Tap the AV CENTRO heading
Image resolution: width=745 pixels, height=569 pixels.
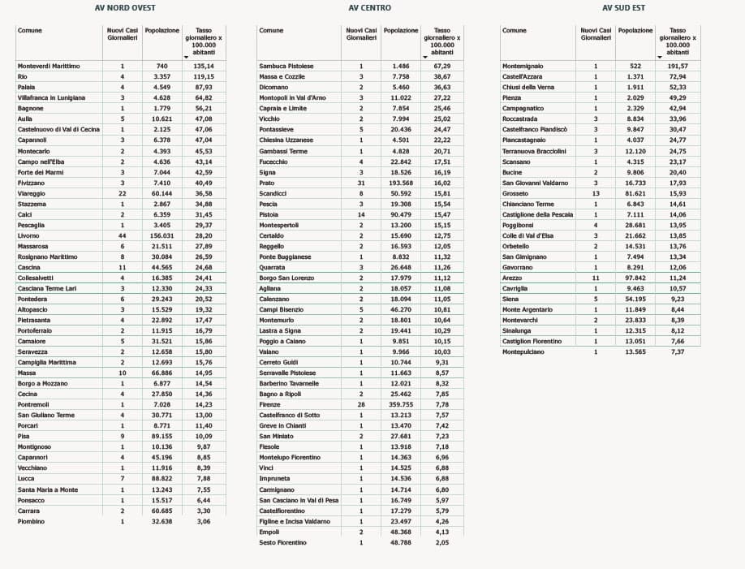[x=369, y=8]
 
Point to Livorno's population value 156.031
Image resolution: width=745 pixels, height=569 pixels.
[x=162, y=235]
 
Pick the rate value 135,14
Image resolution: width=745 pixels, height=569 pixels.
[x=204, y=66]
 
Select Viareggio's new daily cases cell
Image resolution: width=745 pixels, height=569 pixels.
[x=123, y=193]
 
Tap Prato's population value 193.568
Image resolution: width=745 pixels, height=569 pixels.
[x=400, y=183]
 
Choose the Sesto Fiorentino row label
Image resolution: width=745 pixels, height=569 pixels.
[x=282, y=542]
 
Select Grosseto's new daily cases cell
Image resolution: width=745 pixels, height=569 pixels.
[x=595, y=193]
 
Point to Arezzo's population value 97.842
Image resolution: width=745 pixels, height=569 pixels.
[x=635, y=278]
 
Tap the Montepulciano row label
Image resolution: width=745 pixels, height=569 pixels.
[x=523, y=351]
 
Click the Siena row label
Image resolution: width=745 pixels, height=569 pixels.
[x=511, y=299]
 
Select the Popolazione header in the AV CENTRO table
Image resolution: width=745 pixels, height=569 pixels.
[x=401, y=31]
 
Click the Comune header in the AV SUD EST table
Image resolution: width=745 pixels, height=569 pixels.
[x=515, y=31]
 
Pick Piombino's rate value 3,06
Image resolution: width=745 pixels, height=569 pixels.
[x=204, y=521]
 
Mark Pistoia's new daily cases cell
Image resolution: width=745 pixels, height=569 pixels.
[x=361, y=214]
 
